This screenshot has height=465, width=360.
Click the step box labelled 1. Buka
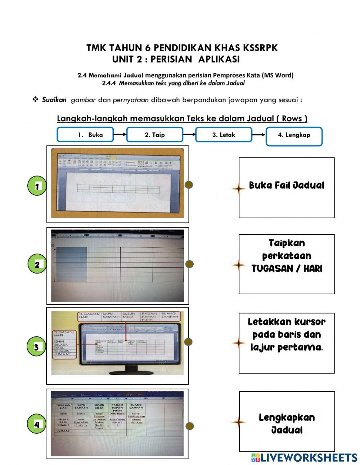(85, 135)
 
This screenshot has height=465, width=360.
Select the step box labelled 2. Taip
(154, 135)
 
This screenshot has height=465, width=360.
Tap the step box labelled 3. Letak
(223, 135)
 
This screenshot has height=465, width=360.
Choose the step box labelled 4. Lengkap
(294, 136)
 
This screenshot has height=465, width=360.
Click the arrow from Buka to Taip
(120, 134)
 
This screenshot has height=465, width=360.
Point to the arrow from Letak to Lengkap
(258, 135)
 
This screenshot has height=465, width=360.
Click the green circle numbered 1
(36, 186)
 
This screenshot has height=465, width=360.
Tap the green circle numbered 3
(36, 347)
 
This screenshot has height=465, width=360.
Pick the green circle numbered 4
(36, 425)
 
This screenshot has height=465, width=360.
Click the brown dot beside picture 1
(189, 185)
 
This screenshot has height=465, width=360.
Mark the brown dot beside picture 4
(189, 426)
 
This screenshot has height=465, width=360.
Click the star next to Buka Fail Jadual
(238, 188)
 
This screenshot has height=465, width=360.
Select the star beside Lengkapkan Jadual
(238, 422)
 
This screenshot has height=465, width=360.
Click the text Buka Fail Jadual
(287, 185)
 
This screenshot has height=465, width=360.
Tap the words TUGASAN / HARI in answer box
(287, 269)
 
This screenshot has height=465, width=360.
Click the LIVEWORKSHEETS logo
(304, 457)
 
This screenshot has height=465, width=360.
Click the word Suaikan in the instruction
(54, 100)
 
